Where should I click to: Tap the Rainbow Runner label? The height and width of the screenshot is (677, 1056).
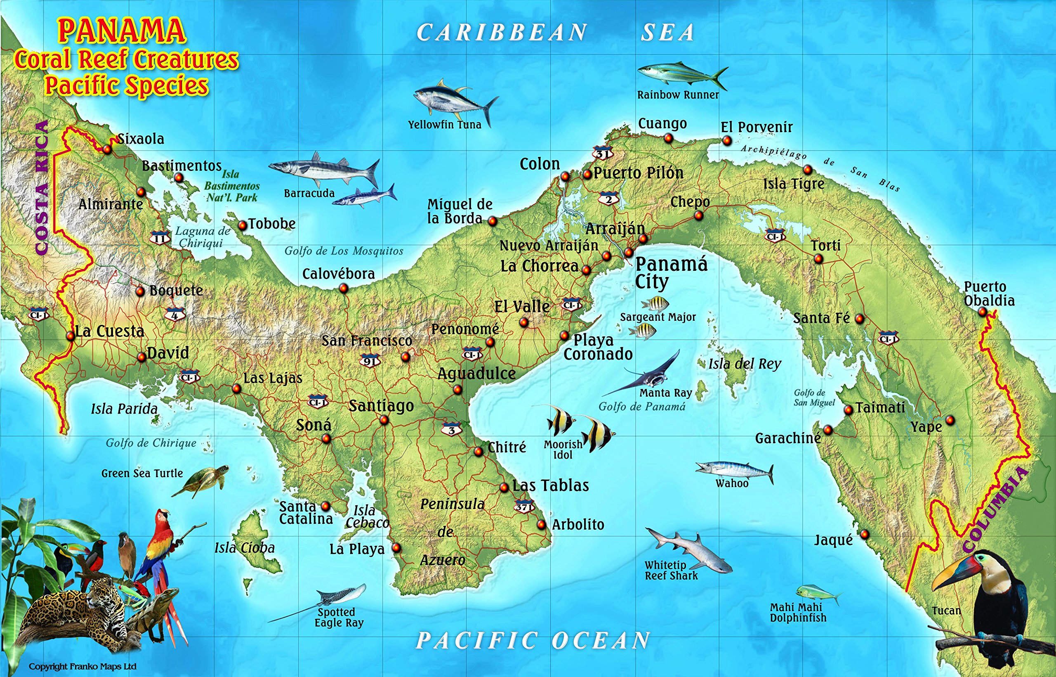click(x=678, y=95)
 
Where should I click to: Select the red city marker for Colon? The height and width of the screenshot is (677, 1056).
click(x=565, y=176)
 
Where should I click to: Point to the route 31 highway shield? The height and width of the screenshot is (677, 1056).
click(x=602, y=154)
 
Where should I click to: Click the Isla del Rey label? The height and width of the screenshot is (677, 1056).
click(x=745, y=364)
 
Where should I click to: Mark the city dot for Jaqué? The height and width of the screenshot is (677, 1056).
click(x=865, y=535)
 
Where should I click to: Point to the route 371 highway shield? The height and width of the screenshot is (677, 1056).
click(x=523, y=506)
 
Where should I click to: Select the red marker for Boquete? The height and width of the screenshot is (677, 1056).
click(x=140, y=291)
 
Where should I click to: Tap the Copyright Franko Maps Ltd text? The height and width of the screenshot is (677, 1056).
click(x=82, y=666)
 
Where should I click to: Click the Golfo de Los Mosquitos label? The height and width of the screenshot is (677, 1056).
click(x=344, y=251)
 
